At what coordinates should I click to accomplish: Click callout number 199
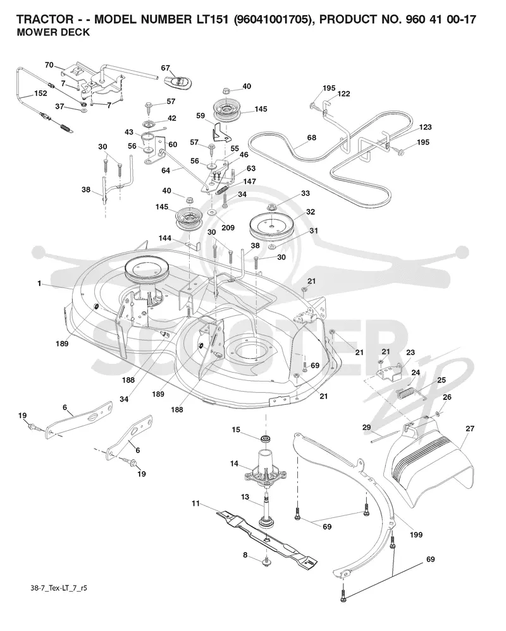416,534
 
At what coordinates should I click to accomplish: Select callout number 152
40,93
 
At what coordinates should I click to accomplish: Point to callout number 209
228,228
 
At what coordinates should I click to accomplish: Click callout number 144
165,238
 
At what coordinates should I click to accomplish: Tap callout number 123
425,127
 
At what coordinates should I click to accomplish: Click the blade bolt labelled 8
266,561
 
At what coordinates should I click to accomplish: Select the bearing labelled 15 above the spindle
266,438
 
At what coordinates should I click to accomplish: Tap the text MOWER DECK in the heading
53,32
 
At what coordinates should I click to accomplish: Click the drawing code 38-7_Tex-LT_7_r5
59,588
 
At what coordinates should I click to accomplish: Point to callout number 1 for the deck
39,284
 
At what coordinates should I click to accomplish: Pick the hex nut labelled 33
271,208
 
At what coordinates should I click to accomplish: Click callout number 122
343,93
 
